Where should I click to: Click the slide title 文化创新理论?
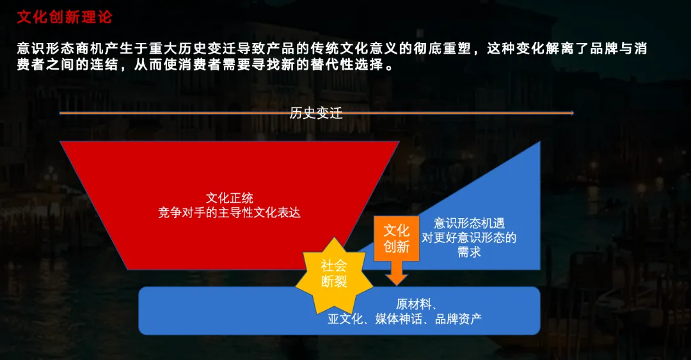pyautogui.click(x=64, y=17)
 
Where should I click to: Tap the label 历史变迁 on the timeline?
pyautogui.click(x=316, y=114)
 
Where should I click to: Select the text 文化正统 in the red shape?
pyautogui.click(x=229, y=199)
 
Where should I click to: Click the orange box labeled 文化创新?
pyautogui.click(x=396, y=238)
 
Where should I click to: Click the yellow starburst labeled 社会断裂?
pyautogui.click(x=334, y=274)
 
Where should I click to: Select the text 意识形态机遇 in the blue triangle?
pyautogui.click(x=469, y=223)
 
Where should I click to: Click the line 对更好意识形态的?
pyautogui.click(x=469, y=238)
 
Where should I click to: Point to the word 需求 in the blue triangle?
pyautogui.click(x=469, y=252)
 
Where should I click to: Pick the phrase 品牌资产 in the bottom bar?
pyautogui.click(x=458, y=318)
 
